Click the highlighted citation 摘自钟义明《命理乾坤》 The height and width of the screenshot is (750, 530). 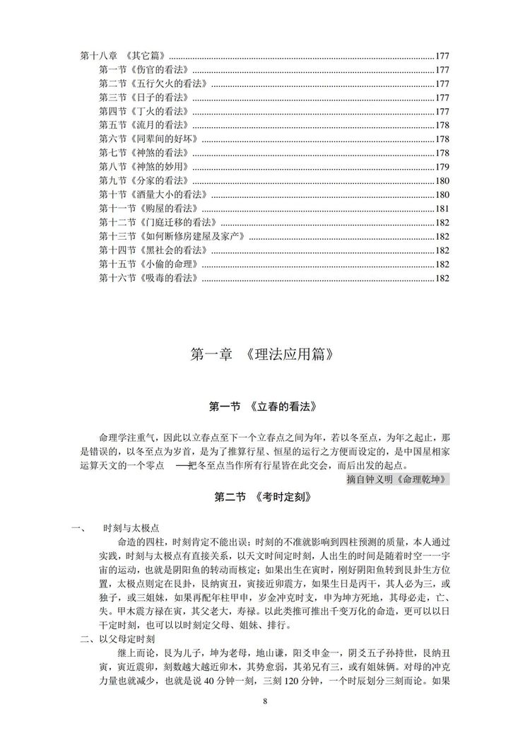[398, 479]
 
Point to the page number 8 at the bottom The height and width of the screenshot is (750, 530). [264, 701]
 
